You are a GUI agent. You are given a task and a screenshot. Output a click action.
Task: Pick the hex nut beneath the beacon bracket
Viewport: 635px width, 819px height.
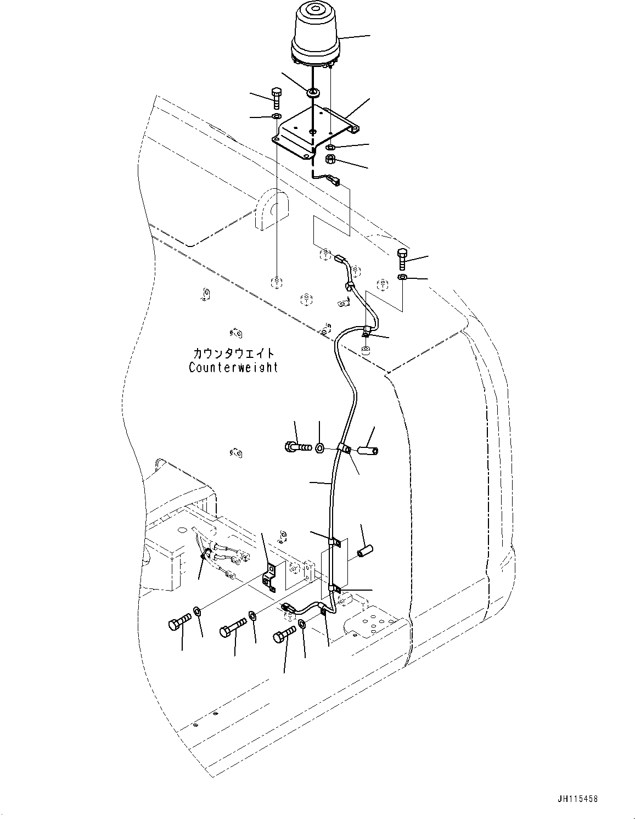click(331, 160)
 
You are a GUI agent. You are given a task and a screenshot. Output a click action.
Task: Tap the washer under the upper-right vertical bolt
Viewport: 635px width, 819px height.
click(403, 277)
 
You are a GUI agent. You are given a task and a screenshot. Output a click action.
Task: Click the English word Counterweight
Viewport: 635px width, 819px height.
click(233, 368)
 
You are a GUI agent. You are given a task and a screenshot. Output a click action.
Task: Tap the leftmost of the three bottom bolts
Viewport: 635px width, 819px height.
click(179, 622)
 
